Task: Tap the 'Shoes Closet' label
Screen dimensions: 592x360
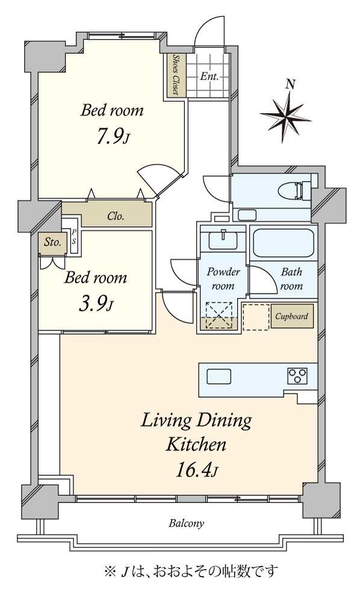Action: (176, 75)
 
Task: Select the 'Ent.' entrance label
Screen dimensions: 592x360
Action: (209, 77)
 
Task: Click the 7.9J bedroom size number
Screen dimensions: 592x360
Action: (112, 136)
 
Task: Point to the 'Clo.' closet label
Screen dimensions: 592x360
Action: (116, 217)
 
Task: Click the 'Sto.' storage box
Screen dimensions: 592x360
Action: (52, 243)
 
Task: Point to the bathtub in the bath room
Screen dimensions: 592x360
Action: (283, 244)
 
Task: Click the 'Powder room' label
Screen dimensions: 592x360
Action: (223, 279)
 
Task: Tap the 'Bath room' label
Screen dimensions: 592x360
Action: (292, 279)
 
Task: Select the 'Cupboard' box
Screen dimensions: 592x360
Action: (292, 316)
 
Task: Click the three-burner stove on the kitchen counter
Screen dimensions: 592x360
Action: (297, 376)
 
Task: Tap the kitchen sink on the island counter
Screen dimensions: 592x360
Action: (219, 377)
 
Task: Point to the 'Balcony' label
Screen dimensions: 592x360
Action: (185, 523)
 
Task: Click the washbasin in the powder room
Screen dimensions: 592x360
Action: (223, 241)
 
